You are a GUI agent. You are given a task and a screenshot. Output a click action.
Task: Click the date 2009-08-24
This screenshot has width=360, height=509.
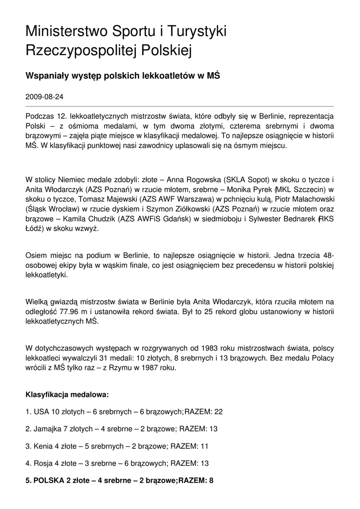pyautogui.click(x=48, y=97)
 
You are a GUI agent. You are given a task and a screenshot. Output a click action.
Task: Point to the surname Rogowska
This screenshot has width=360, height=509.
pyautogui.click(x=202, y=180)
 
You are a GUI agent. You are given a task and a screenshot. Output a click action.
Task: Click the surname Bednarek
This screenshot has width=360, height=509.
pyautogui.click(x=293, y=218)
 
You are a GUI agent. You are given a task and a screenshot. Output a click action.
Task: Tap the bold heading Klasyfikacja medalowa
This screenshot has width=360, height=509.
pyautogui.click(x=67, y=395)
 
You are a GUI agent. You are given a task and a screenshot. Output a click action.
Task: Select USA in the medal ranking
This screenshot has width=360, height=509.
pyautogui.click(x=42, y=412)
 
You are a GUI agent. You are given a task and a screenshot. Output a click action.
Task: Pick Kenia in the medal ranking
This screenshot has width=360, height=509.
pyautogui.click(x=43, y=446)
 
